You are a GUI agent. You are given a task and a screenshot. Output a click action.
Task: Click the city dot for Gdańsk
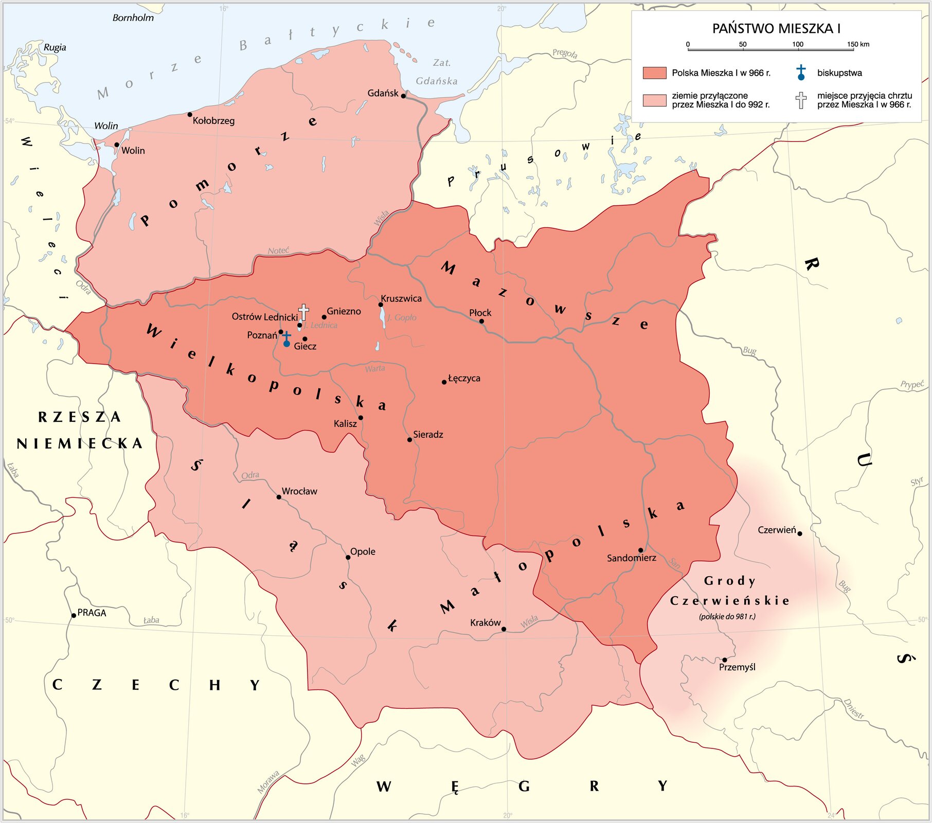[x=403, y=96]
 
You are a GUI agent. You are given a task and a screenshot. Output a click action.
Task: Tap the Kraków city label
[x=485, y=623]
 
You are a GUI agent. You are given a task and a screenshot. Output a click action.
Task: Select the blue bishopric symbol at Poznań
[x=286, y=340]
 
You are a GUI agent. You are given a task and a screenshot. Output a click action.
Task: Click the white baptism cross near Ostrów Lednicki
[x=303, y=312]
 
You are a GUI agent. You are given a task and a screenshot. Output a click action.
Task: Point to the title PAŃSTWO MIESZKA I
[x=776, y=29]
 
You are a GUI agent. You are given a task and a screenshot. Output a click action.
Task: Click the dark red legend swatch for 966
[x=654, y=73]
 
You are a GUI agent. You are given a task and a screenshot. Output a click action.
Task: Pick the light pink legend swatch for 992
[x=654, y=100]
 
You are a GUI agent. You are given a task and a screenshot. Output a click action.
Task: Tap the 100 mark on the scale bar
[x=797, y=45]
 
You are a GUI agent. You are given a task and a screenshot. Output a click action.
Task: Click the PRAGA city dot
[x=74, y=615]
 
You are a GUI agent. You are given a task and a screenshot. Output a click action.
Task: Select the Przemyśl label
[x=737, y=667]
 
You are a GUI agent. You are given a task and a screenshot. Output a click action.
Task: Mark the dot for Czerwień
[x=799, y=533]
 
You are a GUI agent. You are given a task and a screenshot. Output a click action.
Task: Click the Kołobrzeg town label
[x=213, y=121]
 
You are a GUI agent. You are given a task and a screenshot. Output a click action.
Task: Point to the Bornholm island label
[x=133, y=18]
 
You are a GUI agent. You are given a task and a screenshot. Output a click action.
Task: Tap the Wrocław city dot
[x=279, y=497]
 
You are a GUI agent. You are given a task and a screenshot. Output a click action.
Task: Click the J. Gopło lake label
[x=402, y=317]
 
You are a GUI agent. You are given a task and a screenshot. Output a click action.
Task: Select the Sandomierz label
[x=631, y=558]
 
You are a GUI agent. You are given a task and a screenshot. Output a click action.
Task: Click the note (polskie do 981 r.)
[x=727, y=616]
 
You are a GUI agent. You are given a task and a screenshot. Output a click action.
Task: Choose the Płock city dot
[x=481, y=321]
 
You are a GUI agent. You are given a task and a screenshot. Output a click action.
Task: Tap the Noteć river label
[x=278, y=251]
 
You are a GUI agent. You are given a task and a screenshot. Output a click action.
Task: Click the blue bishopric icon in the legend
[x=801, y=73]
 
